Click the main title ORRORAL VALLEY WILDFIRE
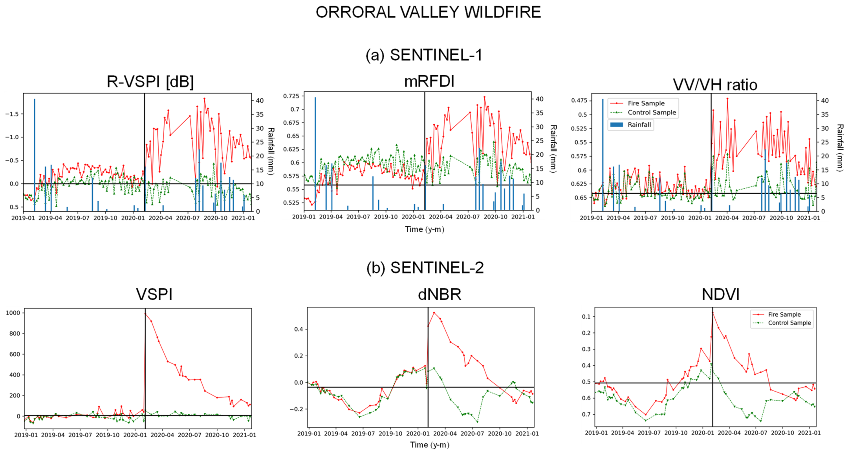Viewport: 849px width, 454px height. tap(428, 13)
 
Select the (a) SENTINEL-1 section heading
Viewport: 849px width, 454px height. tap(424, 55)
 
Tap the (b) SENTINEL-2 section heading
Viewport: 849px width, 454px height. tap(425, 268)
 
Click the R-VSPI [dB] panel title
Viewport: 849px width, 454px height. tap(150, 82)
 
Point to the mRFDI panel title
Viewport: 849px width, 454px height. tap(429, 81)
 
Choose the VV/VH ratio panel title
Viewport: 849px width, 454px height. tap(715, 85)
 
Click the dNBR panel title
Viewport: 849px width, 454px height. tap(439, 294)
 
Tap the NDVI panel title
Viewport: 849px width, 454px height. tap(721, 294)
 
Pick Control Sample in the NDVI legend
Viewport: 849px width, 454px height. tap(789, 323)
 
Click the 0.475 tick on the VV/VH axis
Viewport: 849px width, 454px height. tap(579, 100)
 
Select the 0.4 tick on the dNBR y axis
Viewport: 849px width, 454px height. tap(299, 329)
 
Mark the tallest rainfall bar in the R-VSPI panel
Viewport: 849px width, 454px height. tap(34, 155)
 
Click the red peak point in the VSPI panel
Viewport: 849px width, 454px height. tap(145, 314)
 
